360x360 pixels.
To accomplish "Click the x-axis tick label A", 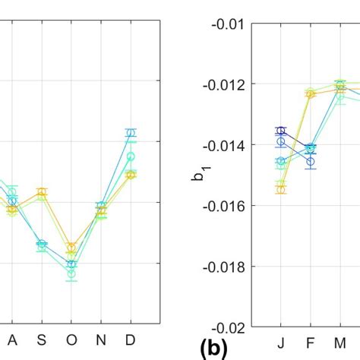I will pos(11,341).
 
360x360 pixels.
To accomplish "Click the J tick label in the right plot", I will pos(281,341).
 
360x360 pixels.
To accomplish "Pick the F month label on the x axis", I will pos(311,341).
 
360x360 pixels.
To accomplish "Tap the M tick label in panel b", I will pos(340,341).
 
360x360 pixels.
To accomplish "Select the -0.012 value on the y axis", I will pos(223,84).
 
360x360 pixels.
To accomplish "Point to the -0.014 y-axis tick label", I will pos(223,144).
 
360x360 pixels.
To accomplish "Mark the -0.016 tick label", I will pos(223,205).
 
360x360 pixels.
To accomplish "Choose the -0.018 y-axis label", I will pos(223,266).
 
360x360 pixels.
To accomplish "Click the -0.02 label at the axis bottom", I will pos(226,327).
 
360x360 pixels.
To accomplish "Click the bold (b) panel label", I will pos(213,349).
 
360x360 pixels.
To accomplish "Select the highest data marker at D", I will pos(131,133).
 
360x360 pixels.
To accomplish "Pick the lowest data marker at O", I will pos(71,273).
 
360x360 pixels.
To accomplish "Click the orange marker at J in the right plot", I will pos(281,188).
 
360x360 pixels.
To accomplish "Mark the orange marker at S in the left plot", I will pos(42,194).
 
